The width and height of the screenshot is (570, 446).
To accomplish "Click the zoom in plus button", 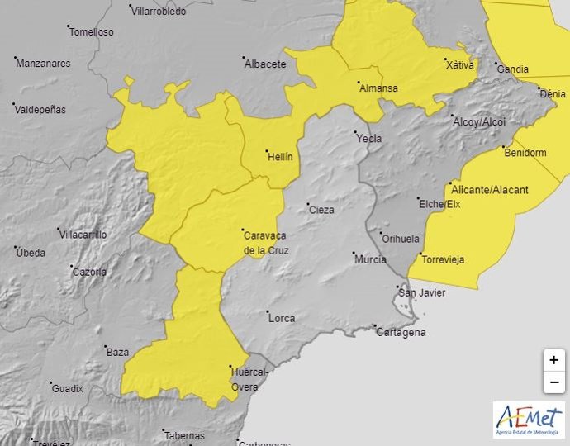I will [x=554, y=360].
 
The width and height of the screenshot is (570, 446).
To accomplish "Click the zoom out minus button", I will [x=554, y=382].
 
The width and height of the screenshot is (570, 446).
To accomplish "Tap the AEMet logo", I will [x=529, y=420].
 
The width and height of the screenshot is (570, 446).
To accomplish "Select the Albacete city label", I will [x=264, y=64].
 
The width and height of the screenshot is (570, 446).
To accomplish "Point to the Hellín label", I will [x=280, y=155].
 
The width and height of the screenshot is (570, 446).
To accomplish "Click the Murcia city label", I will [x=369, y=259].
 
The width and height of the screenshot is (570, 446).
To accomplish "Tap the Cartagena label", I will [x=401, y=332].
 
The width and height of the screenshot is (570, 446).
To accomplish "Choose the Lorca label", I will [x=281, y=317].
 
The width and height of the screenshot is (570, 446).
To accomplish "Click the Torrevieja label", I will [x=443, y=259].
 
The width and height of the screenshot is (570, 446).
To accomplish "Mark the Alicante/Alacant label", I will [x=487, y=190].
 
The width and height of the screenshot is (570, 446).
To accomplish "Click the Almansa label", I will [x=378, y=88].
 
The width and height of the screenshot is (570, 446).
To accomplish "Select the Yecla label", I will [x=368, y=139].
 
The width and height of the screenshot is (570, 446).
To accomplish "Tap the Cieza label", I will [x=321, y=210].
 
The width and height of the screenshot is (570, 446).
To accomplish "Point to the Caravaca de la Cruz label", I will [x=265, y=242].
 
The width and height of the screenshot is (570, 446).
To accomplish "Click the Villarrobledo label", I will [x=159, y=12].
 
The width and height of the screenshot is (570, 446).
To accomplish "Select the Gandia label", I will [x=512, y=69].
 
